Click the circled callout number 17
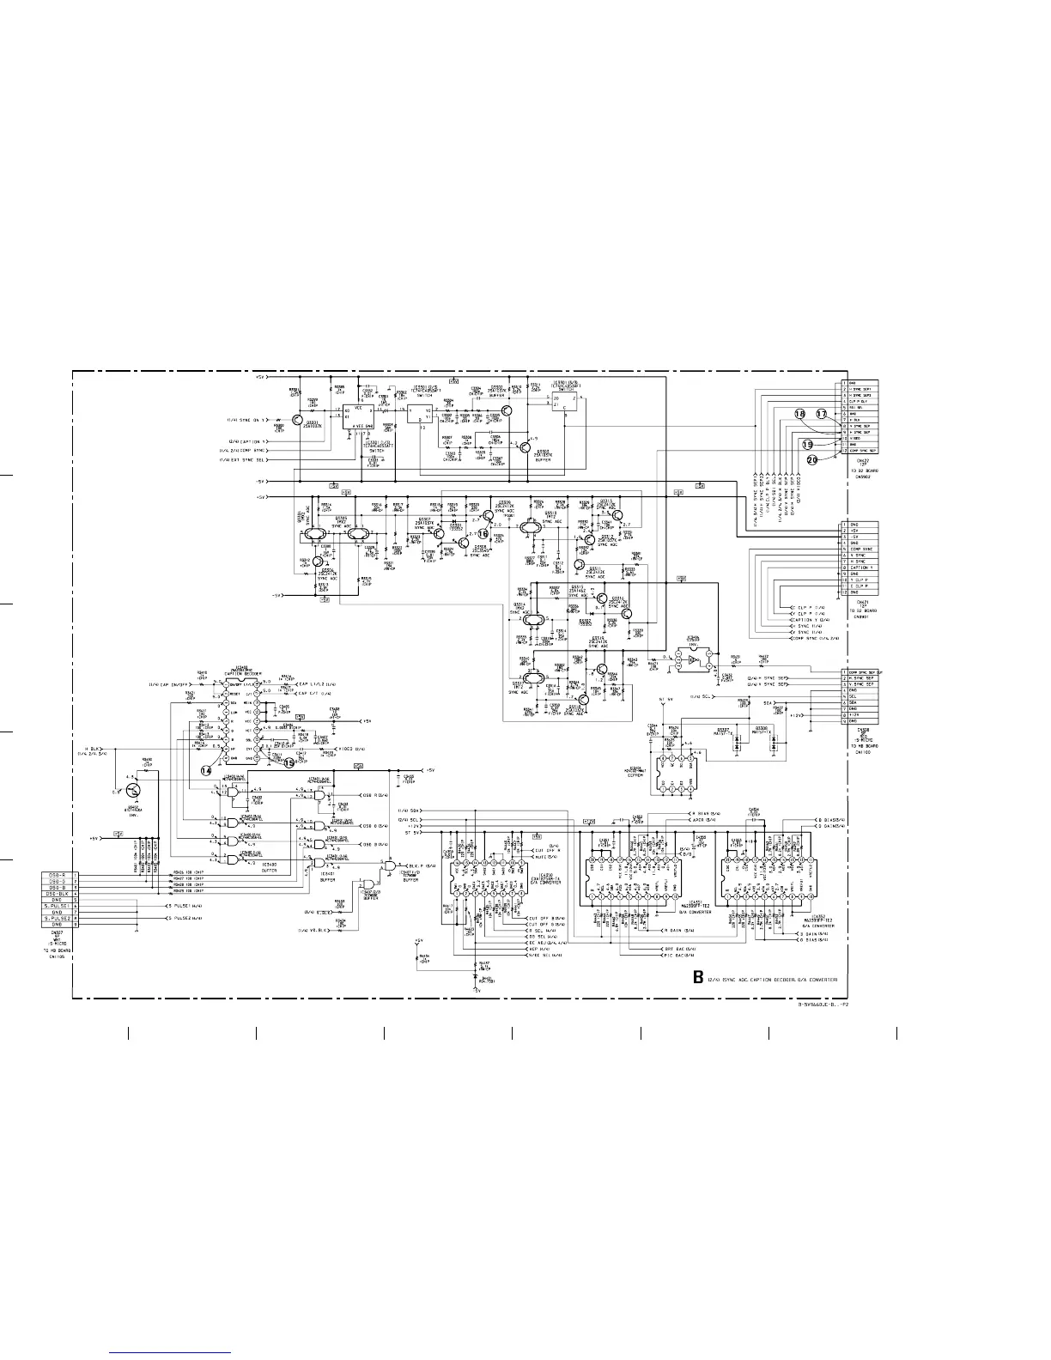(821, 414)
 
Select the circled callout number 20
(812, 460)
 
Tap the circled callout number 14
(206, 770)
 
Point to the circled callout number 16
(483, 533)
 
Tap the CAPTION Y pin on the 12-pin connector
(862, 568)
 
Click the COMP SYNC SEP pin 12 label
(862, 451)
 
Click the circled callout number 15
(289, 762)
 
